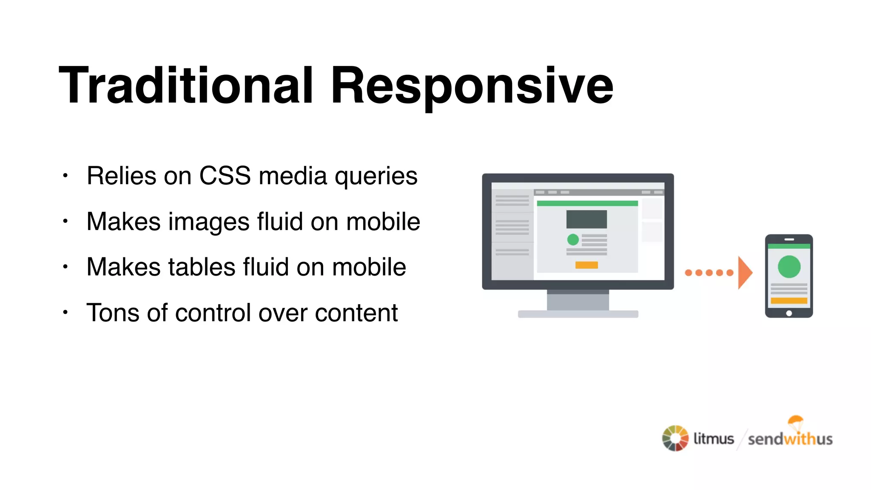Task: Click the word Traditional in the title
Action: tap(186, 85)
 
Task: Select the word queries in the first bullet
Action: tap(376, 177)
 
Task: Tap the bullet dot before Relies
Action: tap(65, 176)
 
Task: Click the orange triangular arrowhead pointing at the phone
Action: tap(744, 273)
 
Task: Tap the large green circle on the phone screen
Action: tap(789, 267)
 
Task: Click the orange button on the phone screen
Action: tap(789, 301)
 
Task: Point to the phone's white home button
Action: tap(789, 313)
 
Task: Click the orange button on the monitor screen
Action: tap(586, 265)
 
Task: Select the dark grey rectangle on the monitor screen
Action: tap(586, 219)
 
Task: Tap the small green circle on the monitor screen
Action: tap(573, 239)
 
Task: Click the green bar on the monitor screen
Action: tap(587, 203)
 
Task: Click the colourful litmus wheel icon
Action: tap(675, 438)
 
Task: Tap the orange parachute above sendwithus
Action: tap(795, 421)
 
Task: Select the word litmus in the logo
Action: tap(714, 439)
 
